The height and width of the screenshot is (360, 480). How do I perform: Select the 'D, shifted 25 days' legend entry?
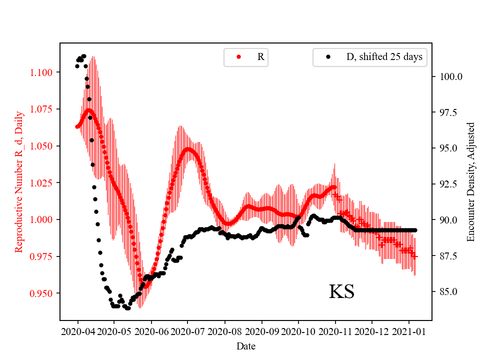(375, 57)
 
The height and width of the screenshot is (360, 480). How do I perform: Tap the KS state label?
(341, 292)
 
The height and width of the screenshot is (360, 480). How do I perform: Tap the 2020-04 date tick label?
(77, 331)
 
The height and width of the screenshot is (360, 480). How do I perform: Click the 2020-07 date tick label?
(188, 331)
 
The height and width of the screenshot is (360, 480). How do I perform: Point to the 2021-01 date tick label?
(409, 331)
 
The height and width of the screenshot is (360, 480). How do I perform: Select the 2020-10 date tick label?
(298, 331)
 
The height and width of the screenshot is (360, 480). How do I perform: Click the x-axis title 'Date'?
(245, 345)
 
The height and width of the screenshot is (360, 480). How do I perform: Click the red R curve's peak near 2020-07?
(188, 149)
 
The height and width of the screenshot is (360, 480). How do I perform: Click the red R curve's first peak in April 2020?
(88, 110)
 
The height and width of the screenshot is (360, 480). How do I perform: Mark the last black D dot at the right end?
(415, 230)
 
